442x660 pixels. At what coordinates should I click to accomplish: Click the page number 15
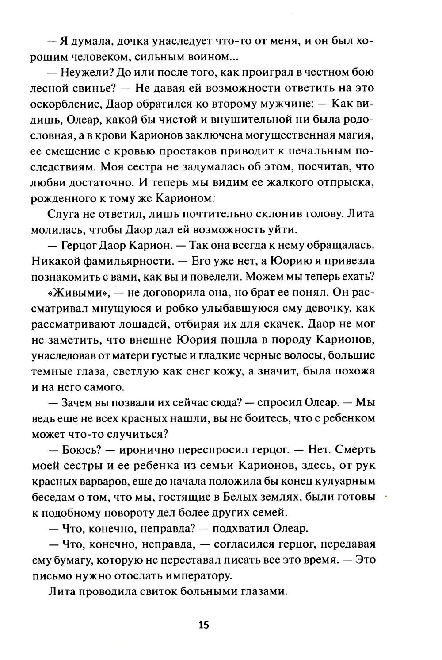click(203, 625)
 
